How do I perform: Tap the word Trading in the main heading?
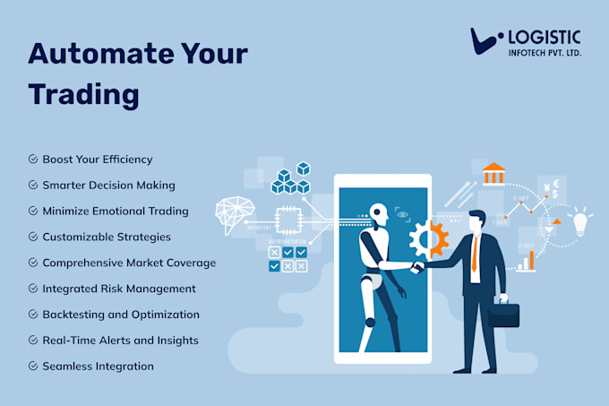pos(82,93)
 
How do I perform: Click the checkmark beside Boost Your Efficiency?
pos(33,160)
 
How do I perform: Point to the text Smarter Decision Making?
pos(108,186)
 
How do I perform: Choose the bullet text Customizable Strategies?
pos(106,238)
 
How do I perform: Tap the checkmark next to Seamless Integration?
pos(33,367)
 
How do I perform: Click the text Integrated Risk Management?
pos(119,289)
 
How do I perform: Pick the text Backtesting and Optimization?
pos(120,315)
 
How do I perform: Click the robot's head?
pos(378,216)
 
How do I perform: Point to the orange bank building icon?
pos(493,173)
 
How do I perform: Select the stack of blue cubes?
pos(290,179)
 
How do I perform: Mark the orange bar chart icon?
pos(528,261)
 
